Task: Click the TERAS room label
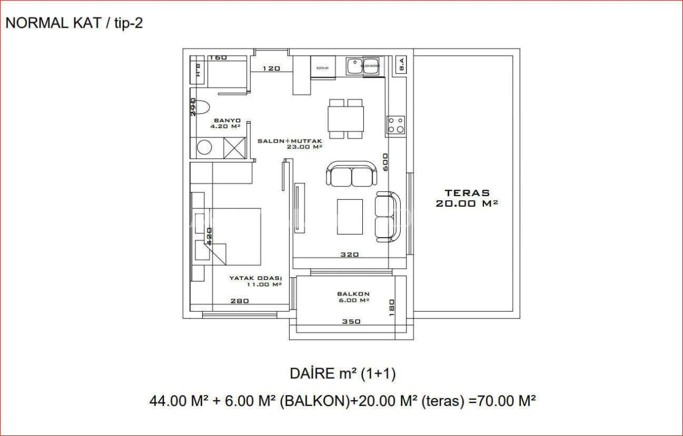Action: (467, 193)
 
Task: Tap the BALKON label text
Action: (353, 294)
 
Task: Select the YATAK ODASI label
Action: (255, 278)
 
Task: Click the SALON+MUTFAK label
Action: (290, 141)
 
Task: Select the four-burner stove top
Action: (396, 124)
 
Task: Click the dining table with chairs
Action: (346, 118)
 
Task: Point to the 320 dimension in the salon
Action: (350, 254)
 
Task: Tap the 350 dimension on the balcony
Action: (351, 322)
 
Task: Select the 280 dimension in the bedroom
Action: (240, 301)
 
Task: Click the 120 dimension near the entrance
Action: (271, 68)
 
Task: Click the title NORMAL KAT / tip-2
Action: (74, 24)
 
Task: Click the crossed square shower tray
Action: (234, 147)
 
